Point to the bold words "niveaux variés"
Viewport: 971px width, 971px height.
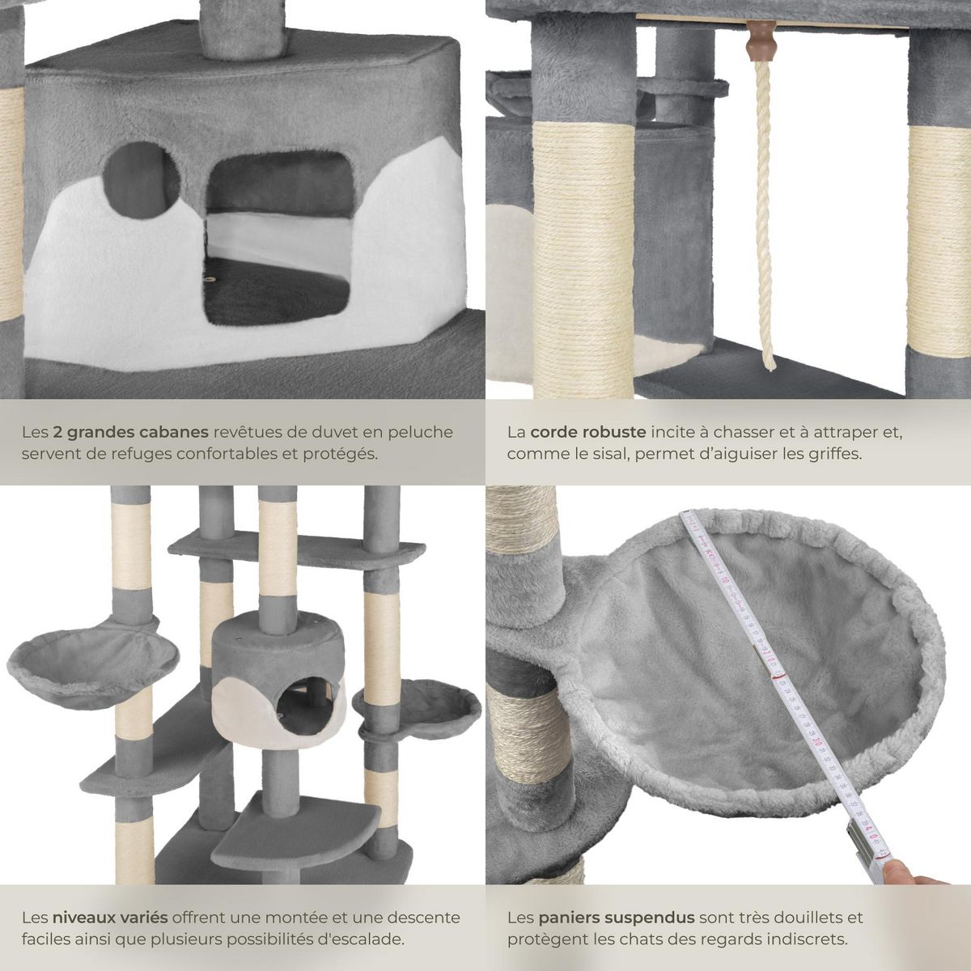[x=110, y=918]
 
